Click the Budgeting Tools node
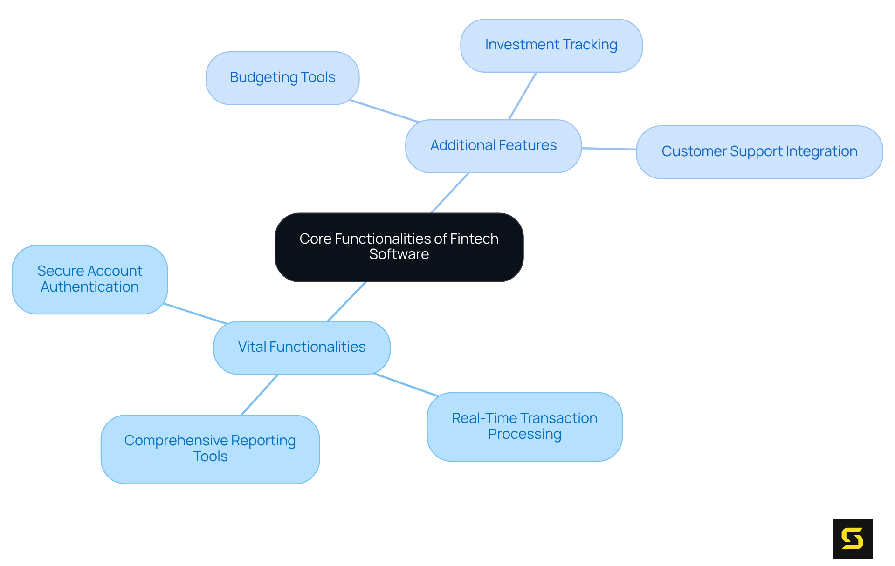(x=282, y=78)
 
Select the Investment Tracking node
(x=551, y=45)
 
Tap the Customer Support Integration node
(x=759, y=152)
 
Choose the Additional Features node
(x=493, y=146)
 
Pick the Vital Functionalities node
(x=302, y=348)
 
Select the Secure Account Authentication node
(x=89, y=279)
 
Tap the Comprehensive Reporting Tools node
(x=210, y=449)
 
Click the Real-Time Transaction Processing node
(x=524, y=426)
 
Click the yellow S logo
(x=853, y=539)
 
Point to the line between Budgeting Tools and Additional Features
(x=385, y=111)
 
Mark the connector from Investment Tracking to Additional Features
(x=523, y=96)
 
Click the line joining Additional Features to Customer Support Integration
(x=609, y=149)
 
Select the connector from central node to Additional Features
(x=450, y=193)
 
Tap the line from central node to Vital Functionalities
(x=347, y=301)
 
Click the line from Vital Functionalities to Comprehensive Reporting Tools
(x=260, y=395)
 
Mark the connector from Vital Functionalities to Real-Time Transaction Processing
(x=406, y=385)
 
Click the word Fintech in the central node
(x=475, y=239)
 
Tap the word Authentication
(x=89, y=287)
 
